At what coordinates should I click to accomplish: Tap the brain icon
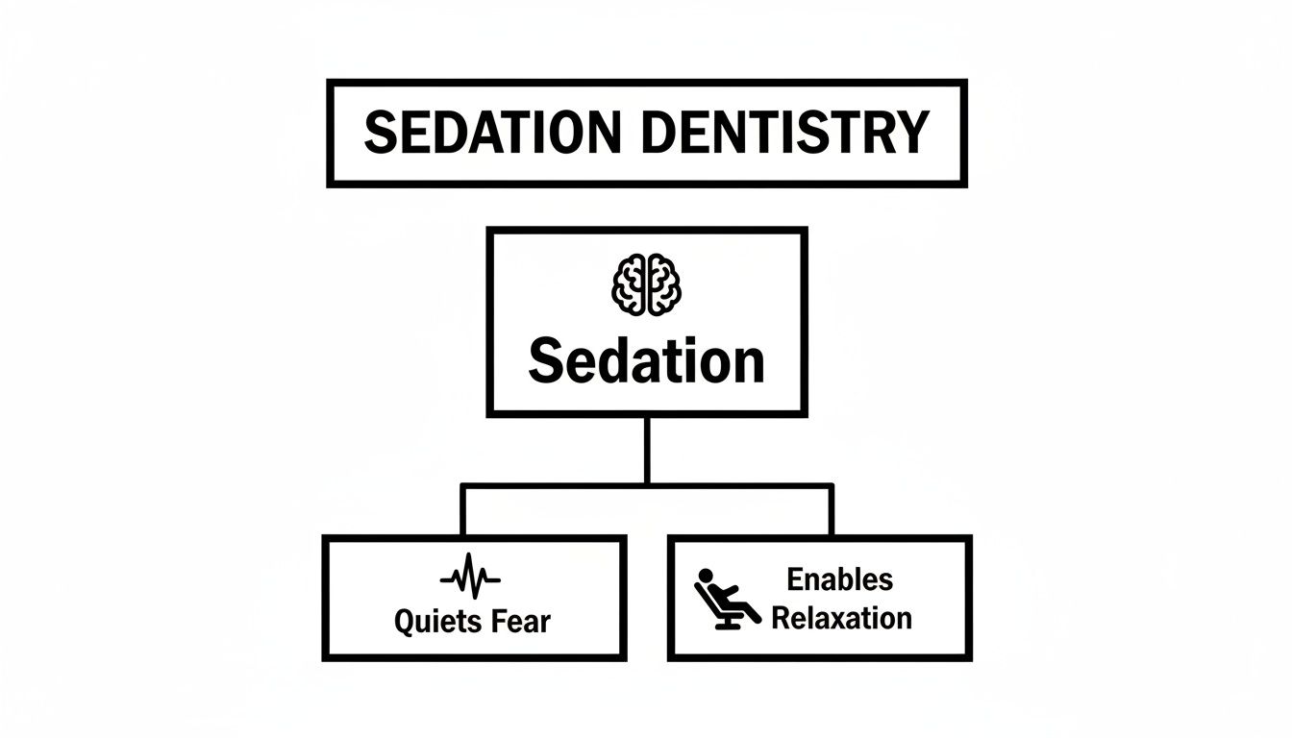coord(646,284)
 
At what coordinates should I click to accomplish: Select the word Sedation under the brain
coord(646,361)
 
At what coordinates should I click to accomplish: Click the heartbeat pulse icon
coord(470,576)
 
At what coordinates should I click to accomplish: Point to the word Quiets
coord(437,622)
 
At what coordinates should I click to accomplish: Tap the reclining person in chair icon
coord(727,599)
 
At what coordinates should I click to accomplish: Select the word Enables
coord(840,579)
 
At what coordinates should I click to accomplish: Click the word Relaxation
coord(841,618)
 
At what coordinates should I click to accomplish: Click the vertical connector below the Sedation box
coord(647,451)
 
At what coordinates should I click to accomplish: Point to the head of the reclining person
coord(706,576)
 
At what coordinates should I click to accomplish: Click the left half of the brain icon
coord(628,284)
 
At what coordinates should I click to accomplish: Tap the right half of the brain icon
coord(664,284)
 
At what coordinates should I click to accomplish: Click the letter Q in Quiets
coord(406,623)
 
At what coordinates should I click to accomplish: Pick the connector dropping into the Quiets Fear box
coord(462,510)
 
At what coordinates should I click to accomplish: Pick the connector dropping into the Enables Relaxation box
coord(832,510)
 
